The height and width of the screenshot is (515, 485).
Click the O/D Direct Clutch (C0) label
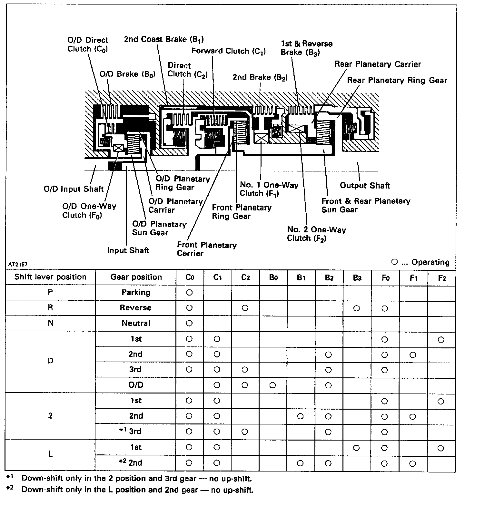pyautogui.click(x=88, y=44)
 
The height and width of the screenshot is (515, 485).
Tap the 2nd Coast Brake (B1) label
pyautogui.click(x=164, y=39)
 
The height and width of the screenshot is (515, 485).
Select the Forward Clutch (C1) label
pyautogui.click(x=229, y=51)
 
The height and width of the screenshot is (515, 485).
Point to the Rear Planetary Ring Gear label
pyautogui.click(x=397, y=80)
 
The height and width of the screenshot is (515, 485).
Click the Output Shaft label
pyautogui.click(x=365, y=186)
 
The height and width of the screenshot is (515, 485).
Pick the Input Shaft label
pyautogui.click(x=128, y=250)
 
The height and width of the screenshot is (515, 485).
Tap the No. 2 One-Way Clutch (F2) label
pyautogui.click(x=316, y=234)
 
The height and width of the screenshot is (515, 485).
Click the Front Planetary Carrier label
pyautogui.click(x=207, y=249)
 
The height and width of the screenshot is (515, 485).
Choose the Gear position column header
pyautogui.click(x=136, y=277)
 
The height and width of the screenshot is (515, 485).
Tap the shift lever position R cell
pyautogui.click(x=50, y=307)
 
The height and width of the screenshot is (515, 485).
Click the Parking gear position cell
pyautogui.click(x=136, y=292)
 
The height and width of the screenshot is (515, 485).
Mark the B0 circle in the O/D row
pyautogui.click(x=272, y=385)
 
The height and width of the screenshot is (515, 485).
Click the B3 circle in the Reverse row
pyautogui.click(x=356, y=308)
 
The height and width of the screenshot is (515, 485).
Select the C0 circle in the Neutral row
pyautogui.click(x=189, y=323)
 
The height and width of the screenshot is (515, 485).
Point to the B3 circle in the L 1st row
pyautogui.click(x=356, y=448)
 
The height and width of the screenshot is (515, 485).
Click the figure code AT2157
pyautogui.click(x=18, y=264)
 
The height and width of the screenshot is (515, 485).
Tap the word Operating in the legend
pyautogui.click(x=430, y=262)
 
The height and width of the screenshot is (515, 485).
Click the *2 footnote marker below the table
pyautogui.click(x=10, y=488)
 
